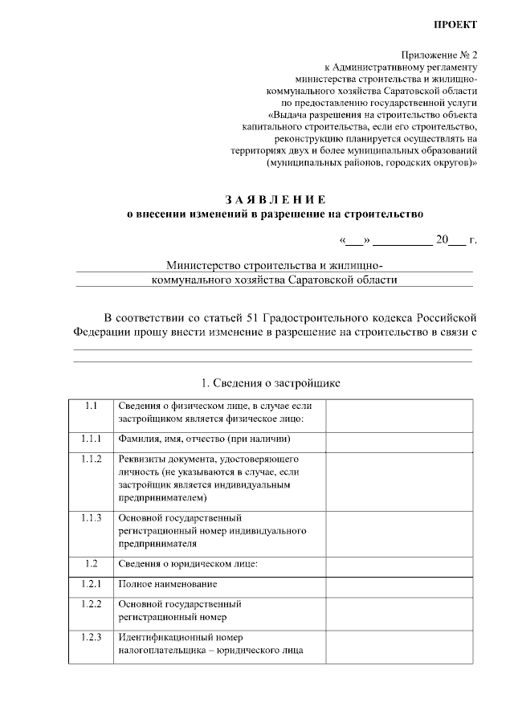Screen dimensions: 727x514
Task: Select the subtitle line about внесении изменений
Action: [x=275, y=214]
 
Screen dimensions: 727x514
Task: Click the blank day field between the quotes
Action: [x=354, y=239]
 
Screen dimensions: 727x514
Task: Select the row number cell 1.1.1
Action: [x=90, y=439]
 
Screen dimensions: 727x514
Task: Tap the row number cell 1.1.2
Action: [x=90, y=459]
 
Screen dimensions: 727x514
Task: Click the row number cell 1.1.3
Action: [x=90, y=517]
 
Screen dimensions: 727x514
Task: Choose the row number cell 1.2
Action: [x=90, y=563]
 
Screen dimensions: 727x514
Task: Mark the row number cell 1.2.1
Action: [x=90, y=584]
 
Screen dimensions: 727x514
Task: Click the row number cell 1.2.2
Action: [x=90, y=603]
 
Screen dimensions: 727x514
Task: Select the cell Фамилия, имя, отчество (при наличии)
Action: [x=203, y=439]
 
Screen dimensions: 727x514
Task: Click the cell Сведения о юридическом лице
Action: [x=187, y=563]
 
